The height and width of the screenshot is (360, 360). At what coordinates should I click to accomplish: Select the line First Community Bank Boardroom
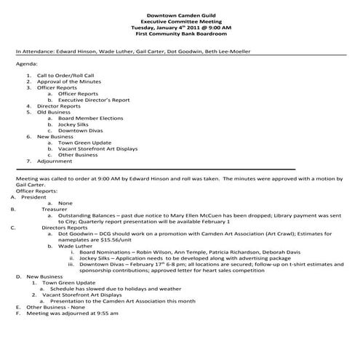point(180,34)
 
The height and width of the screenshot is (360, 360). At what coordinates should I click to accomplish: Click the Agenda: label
point(25,64)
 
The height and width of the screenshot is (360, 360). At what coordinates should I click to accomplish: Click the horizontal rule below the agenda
point(156,169)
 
